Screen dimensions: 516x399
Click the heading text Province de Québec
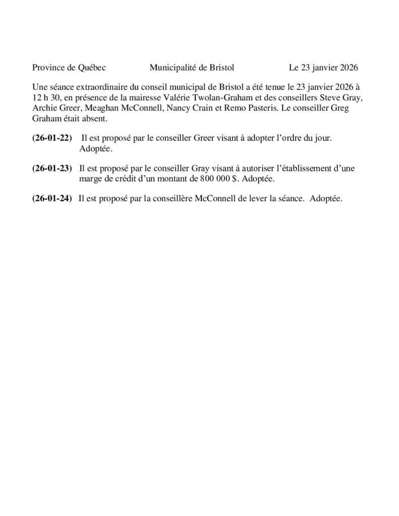pyautogui.click(x=69, y=67)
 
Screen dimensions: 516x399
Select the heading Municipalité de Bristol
pyautogui.click(x=192, y=67)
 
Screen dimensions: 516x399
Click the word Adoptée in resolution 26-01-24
pyautogui.click(x=326, y=199)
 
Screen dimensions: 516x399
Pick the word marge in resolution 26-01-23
pyautogui.click(x=91, y=178)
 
